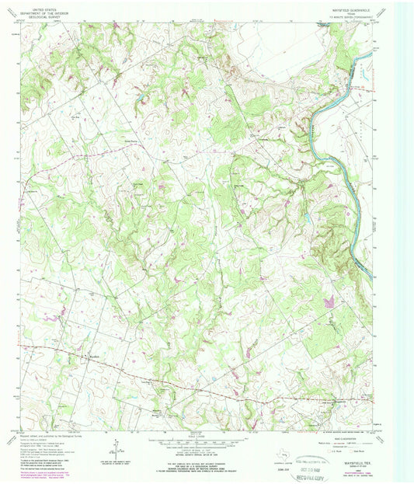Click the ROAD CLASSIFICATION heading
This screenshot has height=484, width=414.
332,434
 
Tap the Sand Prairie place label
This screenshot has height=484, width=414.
130,141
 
